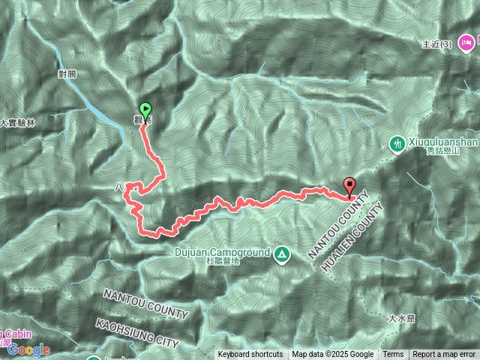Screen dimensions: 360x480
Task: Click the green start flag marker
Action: [145, 109]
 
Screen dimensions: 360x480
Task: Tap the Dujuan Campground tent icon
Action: [281, 253]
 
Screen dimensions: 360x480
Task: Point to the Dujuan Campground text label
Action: [223, 253]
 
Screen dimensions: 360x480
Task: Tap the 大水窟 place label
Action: [401, 319]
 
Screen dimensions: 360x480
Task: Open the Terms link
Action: [393, 355]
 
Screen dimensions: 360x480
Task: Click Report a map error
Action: [444, 355]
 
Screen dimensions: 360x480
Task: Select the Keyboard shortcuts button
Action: [250, 355]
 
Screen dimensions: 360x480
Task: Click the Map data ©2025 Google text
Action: [332, 355]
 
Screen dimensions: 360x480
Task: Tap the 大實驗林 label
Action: [18, 122]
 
